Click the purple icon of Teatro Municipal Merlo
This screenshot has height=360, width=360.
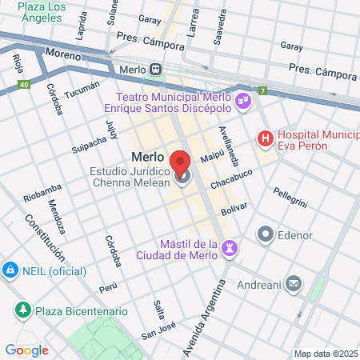242,102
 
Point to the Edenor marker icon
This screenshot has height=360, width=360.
265,234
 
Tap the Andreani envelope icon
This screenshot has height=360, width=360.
294,282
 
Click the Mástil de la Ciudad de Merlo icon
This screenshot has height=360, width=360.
230,249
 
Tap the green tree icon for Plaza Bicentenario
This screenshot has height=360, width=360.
24,310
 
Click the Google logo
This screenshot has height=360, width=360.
26,350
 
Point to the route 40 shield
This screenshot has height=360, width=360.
25,84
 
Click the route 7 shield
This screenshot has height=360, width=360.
262,91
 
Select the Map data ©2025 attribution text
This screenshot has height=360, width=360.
326,354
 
